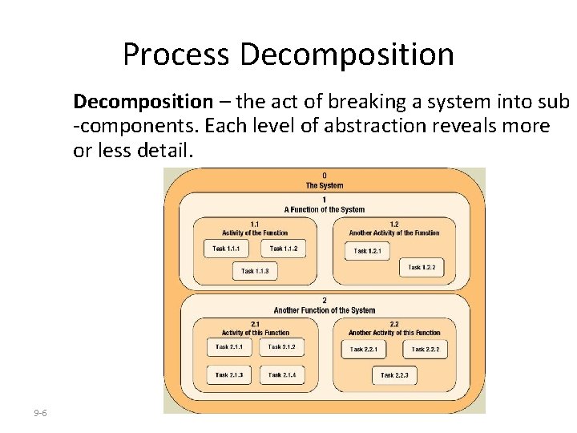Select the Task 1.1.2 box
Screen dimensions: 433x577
pos(283,249)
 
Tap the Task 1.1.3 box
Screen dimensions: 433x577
pos(255,271)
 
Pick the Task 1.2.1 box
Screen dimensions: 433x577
pos(368,251)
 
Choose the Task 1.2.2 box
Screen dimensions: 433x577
pos(422,267)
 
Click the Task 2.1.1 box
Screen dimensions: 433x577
pos(229,347)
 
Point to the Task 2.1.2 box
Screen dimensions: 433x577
pos(281,347)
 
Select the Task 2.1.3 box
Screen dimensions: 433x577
pos(229,374)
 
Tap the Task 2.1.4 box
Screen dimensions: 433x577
pos(281,374)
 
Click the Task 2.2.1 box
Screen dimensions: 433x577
pos(364,350)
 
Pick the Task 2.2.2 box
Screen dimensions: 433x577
pos(426,350)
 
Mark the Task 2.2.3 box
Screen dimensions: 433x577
pos(394,375)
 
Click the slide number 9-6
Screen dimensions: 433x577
pos(40,413)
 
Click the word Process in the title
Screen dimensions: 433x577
pos(176,55)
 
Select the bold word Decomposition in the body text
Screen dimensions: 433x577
pos(143,102)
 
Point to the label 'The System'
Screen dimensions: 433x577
pos(325,185)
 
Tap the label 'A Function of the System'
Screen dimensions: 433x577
pos(325,209)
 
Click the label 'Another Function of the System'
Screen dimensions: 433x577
pos(325,310)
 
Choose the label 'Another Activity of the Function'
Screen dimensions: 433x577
pos(394,233)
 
